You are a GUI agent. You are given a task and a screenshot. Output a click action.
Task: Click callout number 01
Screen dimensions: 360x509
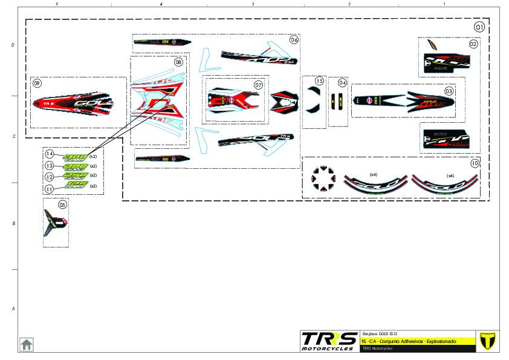pos(479,27)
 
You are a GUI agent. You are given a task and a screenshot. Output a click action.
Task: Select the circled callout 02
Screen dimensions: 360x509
pos(473,44)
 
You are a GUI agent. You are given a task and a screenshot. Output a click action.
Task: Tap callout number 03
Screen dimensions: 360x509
pos(449,91)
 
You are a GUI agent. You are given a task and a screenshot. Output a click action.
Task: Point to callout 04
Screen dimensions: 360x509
pos(343,82)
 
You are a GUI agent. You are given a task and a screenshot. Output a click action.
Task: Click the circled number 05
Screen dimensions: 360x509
pos(63,205)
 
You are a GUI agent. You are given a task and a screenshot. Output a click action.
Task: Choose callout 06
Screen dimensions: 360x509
pos(294,40)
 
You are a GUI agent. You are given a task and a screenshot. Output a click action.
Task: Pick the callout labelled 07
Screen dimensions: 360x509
pos(258,85)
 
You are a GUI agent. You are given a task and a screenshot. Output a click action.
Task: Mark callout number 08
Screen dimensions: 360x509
pos(178,62)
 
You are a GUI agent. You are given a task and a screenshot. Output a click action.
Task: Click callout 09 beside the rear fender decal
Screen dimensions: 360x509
pos(37,83)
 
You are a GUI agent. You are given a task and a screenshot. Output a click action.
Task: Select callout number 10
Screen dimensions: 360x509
pos(475,163)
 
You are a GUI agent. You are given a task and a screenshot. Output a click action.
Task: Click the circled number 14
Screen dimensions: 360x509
pos(50,155)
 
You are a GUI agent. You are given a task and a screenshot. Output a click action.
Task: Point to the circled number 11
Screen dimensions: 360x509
pos(50,188)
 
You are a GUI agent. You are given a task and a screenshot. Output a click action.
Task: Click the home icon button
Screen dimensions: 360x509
pos(27,344)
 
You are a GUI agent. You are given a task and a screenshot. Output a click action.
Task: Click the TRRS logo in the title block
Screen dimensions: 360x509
pos(329,341)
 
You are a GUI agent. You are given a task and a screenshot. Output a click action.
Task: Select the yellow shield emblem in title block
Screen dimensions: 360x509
pos(485,341)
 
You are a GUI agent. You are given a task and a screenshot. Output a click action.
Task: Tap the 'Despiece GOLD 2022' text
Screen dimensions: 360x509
pos(380,334)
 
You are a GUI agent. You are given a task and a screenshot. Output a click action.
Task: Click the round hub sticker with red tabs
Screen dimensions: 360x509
pos(323,178)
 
